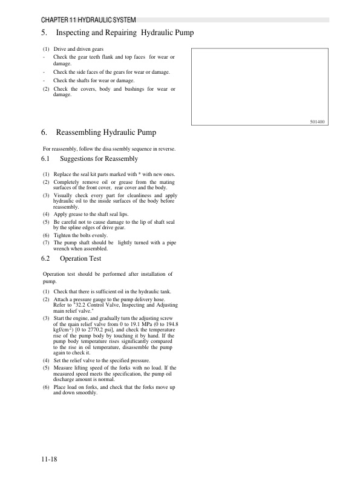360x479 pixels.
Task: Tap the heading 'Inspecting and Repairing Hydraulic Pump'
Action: click(124, 33)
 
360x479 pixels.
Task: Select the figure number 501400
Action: click(317, 121)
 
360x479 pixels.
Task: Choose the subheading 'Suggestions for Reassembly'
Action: click(99, 159)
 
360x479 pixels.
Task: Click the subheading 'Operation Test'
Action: click(80, 258)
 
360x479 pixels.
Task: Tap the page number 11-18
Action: click(50, 460)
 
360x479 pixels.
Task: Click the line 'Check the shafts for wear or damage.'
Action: click(94, 80)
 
